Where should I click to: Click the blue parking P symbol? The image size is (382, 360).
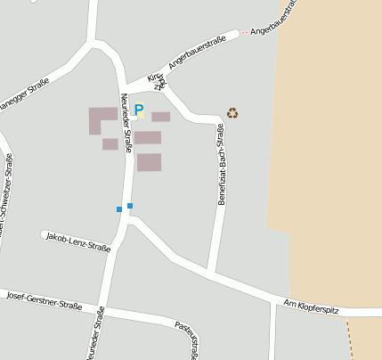tap(139, 110)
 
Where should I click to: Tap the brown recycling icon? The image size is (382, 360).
tap(232, 113)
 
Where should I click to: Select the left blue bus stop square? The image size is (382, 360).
tap(119, 209)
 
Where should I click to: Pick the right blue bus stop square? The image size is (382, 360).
tap(130, 206)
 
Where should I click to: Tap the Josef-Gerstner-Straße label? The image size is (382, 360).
tap(44, 300)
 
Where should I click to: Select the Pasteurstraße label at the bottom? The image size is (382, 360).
tap(186, 340)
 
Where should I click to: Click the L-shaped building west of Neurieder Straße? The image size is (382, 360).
tap(100, 119)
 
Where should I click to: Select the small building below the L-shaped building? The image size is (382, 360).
tap(110, 144)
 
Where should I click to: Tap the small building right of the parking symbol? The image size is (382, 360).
tap(160, 117)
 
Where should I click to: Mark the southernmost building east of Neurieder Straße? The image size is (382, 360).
tap(149, 162)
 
